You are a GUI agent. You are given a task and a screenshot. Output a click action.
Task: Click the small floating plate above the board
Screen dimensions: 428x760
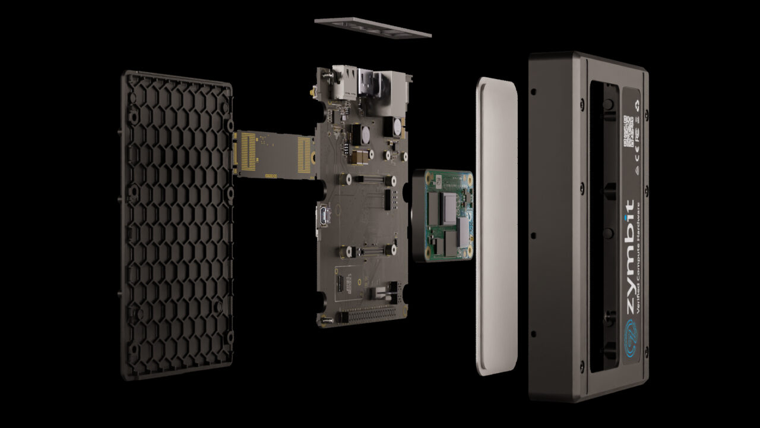click(x=372, y=27)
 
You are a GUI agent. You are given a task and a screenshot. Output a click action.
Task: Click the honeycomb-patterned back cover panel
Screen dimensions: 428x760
click(x=176, y=226)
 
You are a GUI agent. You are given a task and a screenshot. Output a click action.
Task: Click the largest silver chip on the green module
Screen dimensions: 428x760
click(x=449, y=204)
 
